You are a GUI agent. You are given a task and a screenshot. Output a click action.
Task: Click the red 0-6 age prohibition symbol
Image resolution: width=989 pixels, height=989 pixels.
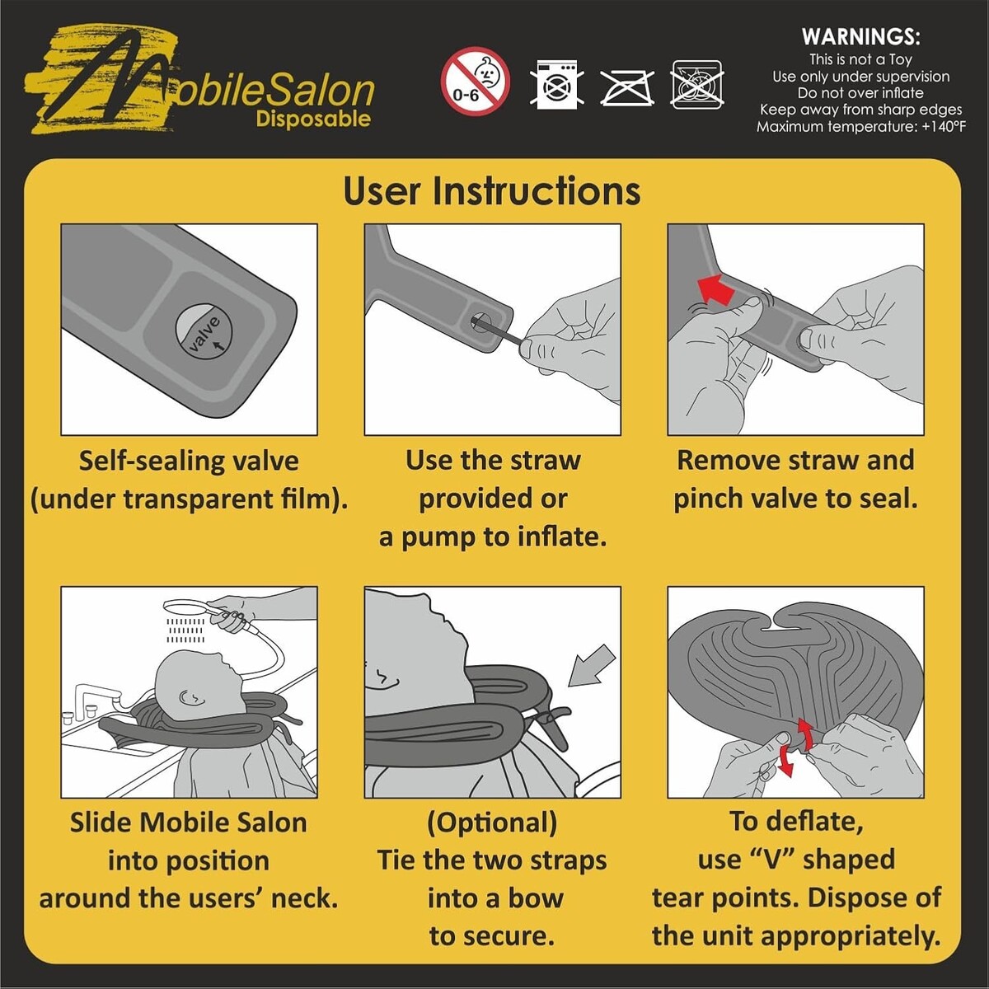tap(475, 81)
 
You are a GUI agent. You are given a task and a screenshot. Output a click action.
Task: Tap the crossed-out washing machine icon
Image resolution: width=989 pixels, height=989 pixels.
tap(556, 84)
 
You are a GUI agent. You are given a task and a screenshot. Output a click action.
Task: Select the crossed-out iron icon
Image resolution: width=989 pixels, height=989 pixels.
tap(626, 87)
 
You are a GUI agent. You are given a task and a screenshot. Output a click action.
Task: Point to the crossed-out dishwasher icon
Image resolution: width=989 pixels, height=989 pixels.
tap(697, 84)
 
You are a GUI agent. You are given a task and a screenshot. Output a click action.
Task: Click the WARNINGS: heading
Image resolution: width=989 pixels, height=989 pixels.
tap(860, 36)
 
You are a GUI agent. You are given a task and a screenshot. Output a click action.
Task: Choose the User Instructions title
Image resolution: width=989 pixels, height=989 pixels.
tap(492, 191)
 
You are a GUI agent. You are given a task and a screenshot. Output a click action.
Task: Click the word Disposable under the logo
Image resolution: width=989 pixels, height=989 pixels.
tap(313, 119)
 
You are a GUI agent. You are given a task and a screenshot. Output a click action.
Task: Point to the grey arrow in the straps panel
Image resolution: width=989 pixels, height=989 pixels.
tap(591, 666)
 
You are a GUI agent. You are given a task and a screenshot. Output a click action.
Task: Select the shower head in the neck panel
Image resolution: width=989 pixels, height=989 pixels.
tap(185, 609)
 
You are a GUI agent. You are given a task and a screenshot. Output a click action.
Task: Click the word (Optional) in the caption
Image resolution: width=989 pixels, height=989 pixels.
tap(492, 823)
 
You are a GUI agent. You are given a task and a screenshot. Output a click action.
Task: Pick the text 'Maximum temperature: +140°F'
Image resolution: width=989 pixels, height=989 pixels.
tap(860, 126)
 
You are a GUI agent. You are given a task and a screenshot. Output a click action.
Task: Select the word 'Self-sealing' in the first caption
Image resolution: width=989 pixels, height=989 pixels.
tap(150, 461)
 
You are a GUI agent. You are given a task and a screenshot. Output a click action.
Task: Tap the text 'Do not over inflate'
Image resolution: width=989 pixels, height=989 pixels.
tap(860, 93)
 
